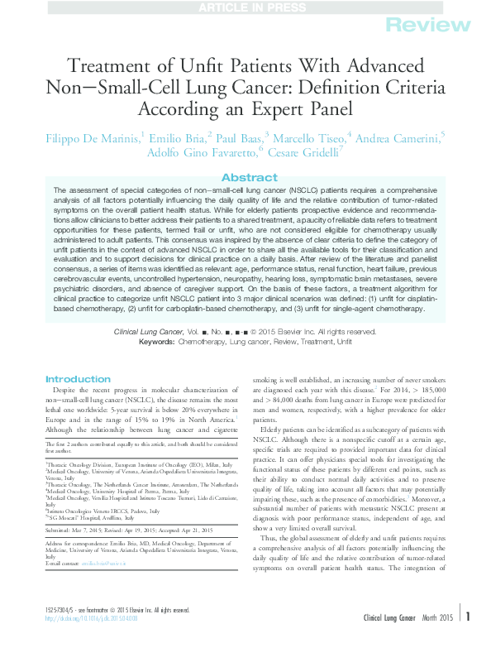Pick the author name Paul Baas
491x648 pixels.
click(x=238, y=137)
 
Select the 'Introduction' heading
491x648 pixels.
click(x=78, y=379)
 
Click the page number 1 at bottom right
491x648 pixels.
click(x=467, y=638)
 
